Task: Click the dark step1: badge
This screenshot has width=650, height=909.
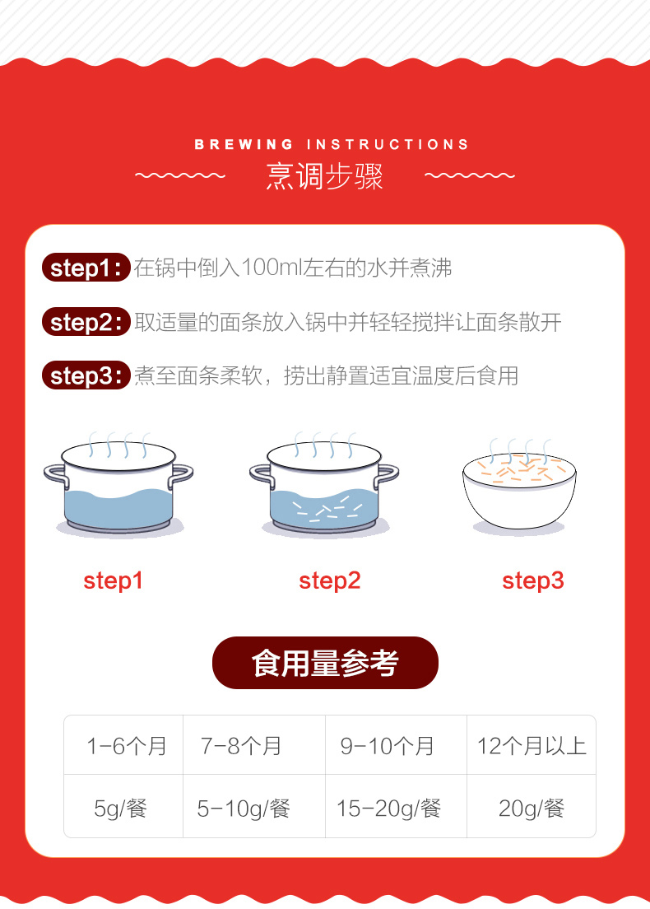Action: click(x=86, y=268)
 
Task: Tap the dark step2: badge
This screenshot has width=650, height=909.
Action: click(x=86, y=322)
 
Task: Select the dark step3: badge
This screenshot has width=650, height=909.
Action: click(x=86, y=375)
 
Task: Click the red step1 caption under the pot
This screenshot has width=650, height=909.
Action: click(x=113, y=580)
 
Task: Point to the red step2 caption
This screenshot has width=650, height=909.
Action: click(x=330, y=580)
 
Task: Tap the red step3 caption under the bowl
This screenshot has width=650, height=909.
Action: click(x=533, y=580)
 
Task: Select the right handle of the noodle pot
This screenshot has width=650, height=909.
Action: click(x=387, y=475)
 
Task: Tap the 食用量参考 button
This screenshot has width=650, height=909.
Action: click(x=325, y=663)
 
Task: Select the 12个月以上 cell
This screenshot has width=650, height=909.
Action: click(x=532, y=745)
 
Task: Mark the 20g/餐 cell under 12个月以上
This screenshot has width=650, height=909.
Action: click(x=532, y=806)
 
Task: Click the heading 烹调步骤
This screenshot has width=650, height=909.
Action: click(x=324, y=175)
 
